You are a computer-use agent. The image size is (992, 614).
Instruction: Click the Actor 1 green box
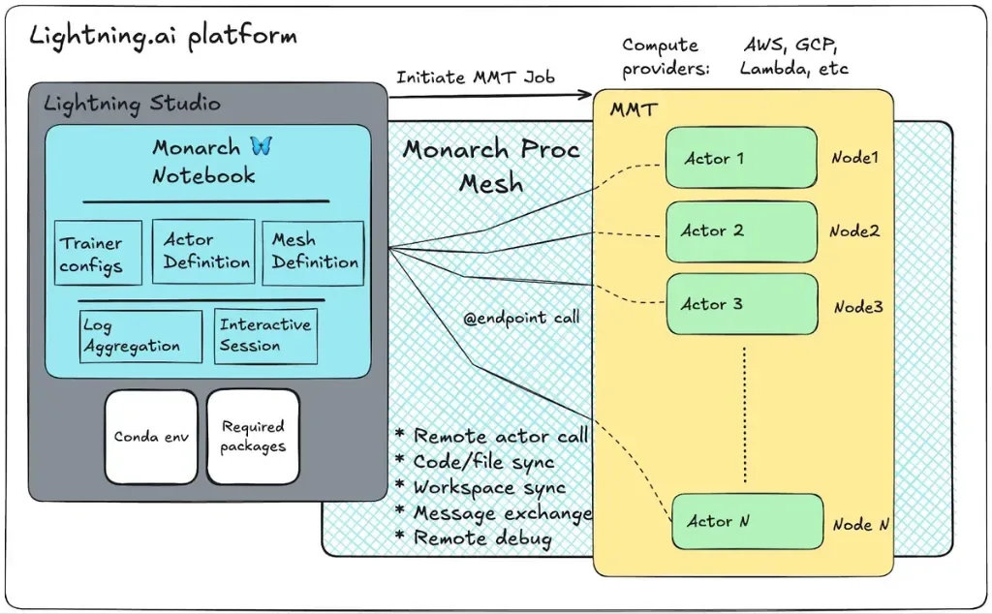coord(741,158)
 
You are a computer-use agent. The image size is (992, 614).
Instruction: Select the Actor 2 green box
coord(741,231)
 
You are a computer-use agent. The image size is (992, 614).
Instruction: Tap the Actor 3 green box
coord(741,304)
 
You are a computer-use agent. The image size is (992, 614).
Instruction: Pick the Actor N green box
coord(747,522)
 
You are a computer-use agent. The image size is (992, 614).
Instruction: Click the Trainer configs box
coord(98,253)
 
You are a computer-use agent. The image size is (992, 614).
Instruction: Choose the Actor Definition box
coord(203,251)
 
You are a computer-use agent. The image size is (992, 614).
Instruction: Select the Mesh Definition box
coord(313,253)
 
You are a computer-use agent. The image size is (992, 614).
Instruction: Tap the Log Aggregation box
coord(140,336)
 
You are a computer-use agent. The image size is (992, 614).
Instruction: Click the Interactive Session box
coord(265,336)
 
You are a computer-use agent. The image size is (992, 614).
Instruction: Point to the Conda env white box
coord(151,437)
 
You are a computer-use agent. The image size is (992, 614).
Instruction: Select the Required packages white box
coord(253,437)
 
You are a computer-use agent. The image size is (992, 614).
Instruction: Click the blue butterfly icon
coord(262,146)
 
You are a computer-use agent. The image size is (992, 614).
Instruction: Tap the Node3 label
coord(858,307)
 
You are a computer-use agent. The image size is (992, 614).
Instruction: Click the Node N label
coord(860,524)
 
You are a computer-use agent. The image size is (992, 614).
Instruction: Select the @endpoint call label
coord(521,318)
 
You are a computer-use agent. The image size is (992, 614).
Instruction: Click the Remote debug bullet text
coord(482,538)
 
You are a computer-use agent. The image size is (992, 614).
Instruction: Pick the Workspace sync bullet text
coord(489,487)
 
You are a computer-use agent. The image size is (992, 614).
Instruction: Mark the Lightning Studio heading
coord(132,104)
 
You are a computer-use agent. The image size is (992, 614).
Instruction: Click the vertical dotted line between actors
coord(745,414)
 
